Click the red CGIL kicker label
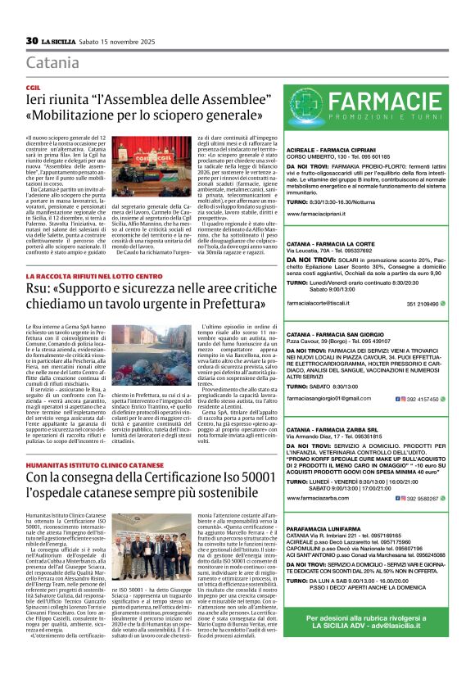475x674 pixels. (x=34, y=86)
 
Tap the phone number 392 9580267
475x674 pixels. (x=425, y=497)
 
